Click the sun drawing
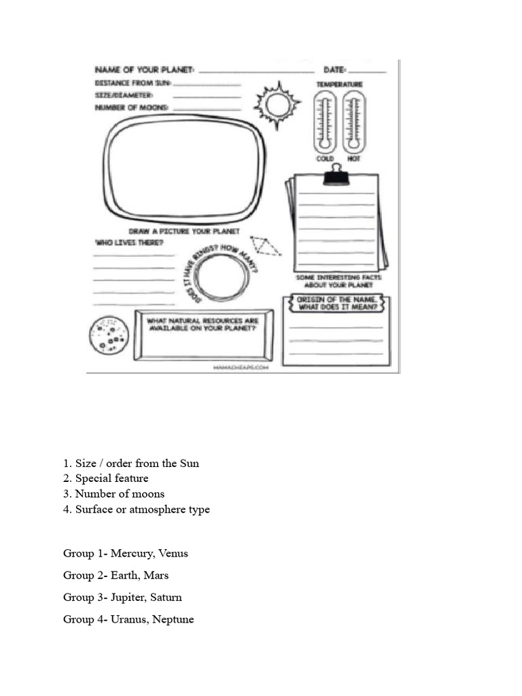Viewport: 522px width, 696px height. pyautogui.click(x=277, y=105)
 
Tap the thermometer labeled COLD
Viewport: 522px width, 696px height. pyautogui.click(x=325, y=122)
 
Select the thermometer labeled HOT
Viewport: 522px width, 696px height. pyautogui.click(x=353, y=122)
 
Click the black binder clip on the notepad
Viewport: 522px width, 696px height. pyautogui.click(x=336, y=176)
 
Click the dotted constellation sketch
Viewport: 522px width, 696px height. pyautogui.click(x=264, y=245)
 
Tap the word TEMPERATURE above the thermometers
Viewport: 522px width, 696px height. pyautogui.click(x=339, y=84)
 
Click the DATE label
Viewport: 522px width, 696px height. pyautogui.click(x=335, y=70)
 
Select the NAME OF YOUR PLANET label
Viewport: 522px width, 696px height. pyautogui.click(x=145, y=70)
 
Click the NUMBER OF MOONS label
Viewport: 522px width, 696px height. pyautogui.click(x=132, y=107)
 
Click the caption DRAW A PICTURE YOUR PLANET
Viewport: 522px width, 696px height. pyautogui.click(x=184, y=231)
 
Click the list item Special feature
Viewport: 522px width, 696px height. pyautogui.click(x=111, y=478)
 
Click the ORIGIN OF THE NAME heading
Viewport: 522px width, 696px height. pyautogui.click(x=337, y=303)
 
